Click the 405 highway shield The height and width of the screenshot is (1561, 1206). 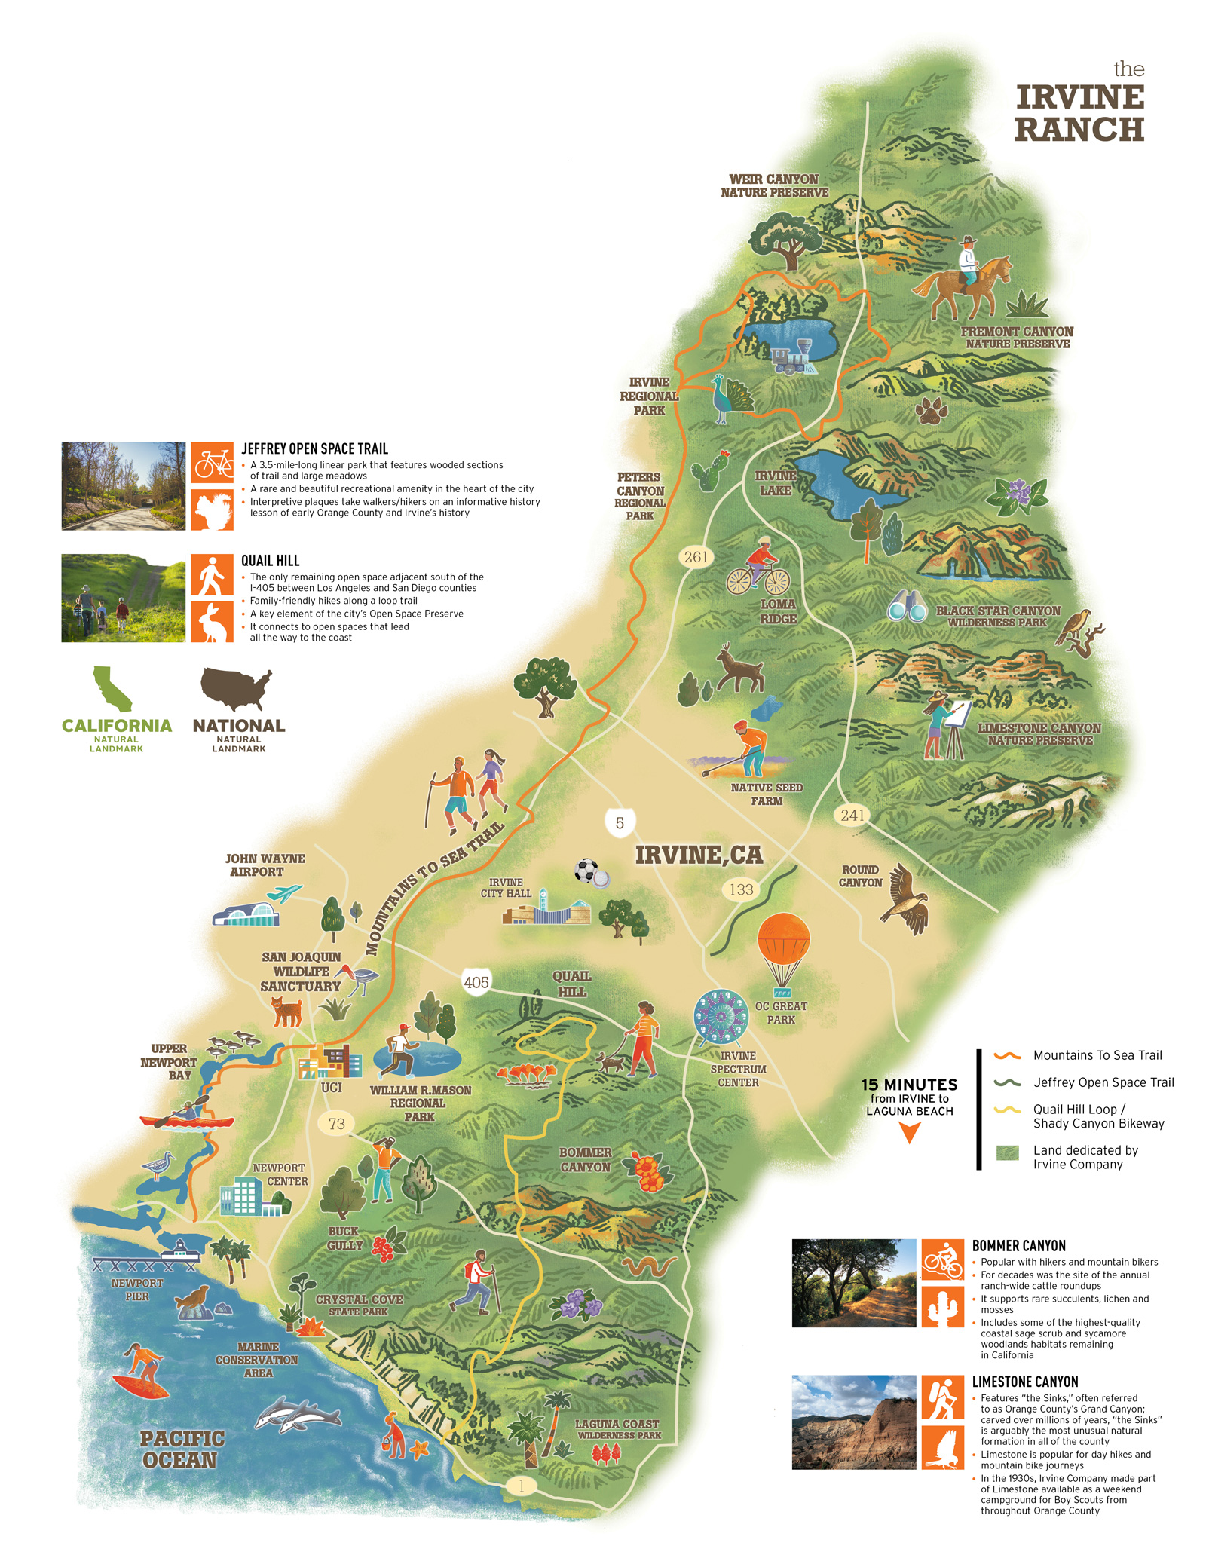point(476,981)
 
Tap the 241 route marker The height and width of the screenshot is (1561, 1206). point(852,815)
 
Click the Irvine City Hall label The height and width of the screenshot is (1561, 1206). point(506,887)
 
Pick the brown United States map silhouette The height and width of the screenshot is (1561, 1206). point(236,688)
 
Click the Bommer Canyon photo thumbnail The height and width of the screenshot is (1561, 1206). point(853,1283)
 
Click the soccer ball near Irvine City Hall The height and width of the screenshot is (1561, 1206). point(586,871)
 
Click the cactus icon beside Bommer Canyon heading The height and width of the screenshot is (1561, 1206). point(942,1306)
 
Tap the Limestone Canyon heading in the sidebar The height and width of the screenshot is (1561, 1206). point(1024,1382)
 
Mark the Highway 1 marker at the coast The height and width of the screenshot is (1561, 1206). point(521,1486)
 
